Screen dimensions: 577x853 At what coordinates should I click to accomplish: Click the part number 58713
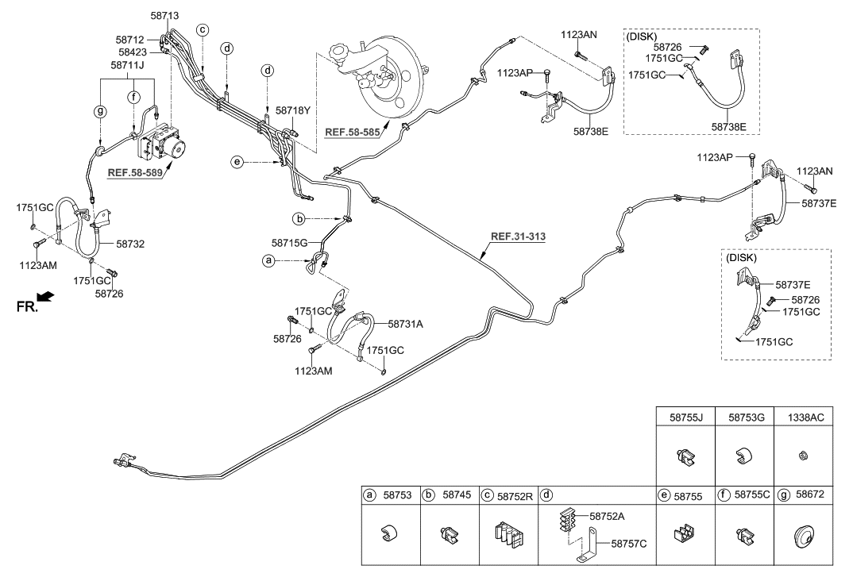click(164, 15)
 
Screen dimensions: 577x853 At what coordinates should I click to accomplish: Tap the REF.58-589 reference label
click(136, 171)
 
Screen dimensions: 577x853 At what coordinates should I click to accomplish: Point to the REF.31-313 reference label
click(518, 236)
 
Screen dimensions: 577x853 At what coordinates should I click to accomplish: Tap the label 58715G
click(288, 241)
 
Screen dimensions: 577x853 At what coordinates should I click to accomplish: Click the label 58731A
click(405, 324)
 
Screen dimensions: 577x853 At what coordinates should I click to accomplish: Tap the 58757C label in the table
click(629, 544)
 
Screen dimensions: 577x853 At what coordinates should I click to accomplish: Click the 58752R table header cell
click(508, 495)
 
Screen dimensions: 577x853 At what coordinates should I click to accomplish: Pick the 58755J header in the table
click(684, 414)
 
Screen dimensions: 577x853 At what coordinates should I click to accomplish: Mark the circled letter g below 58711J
click(99, 110)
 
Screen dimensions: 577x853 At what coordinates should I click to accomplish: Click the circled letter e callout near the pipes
click(236, 162)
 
